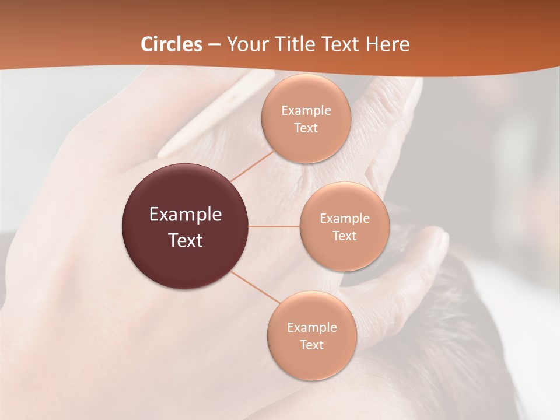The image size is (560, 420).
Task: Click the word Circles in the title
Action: tap(171, 44)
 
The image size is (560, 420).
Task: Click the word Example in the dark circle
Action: tap(185, 215)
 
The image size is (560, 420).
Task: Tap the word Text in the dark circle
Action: tap(185, 240)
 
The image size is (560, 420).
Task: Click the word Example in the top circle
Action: tap(306, 111)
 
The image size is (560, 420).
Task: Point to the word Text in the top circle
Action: tap(306, 128)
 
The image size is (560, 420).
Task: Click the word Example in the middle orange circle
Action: tap(345, 219)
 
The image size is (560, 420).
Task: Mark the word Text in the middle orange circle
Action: tap(345, 236)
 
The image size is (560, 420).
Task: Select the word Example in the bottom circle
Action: tap(312, 328)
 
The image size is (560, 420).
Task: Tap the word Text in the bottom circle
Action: tap(312, 345)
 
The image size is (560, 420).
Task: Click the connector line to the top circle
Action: tap(252, 166)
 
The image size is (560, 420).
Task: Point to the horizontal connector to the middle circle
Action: tap(274, 226)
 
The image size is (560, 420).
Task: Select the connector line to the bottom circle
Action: tap(255, 287)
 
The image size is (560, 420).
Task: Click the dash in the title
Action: tap(214, 45)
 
